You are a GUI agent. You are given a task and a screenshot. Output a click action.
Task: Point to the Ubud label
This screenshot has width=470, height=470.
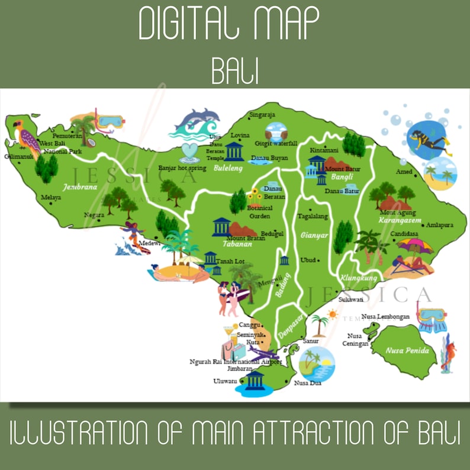(x=308, y=260)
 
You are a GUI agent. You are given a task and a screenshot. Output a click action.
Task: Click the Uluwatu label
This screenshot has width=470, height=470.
(x=225, y=381)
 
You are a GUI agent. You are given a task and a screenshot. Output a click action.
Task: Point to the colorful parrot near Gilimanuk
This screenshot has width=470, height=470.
(x=27, y=138)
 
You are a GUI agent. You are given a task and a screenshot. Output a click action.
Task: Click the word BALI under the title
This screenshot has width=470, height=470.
(x=235, y=73)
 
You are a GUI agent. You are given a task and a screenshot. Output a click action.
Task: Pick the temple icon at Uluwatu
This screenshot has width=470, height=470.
(x=255, y=380)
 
